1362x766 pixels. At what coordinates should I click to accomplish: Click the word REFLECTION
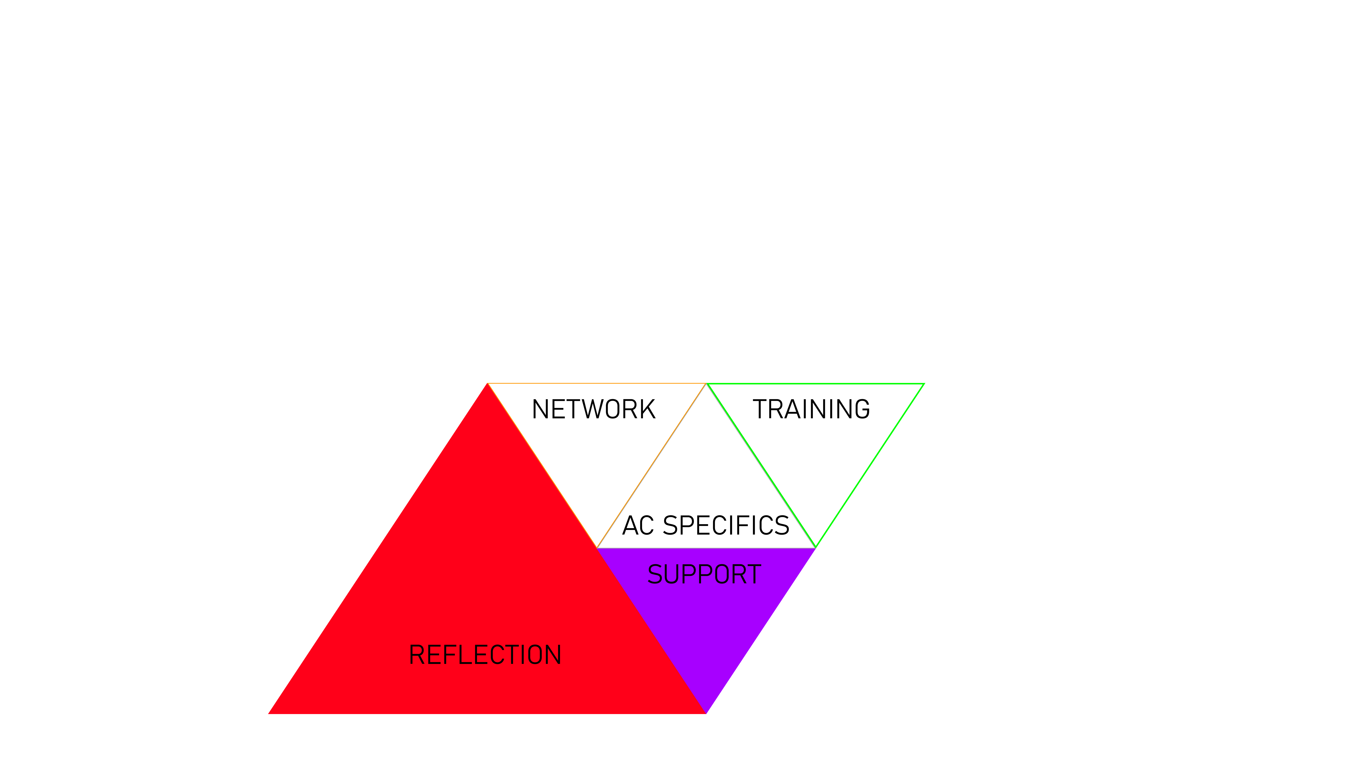pos(485,655)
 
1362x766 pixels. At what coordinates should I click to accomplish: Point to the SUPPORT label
pos(704,575)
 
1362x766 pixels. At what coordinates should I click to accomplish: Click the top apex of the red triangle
pos(488,384)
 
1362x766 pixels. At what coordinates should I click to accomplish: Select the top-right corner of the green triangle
pos(923,384)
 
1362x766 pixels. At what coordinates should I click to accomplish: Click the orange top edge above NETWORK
pos(596,383)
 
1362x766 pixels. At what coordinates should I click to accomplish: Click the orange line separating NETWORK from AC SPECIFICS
pos(651,465)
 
